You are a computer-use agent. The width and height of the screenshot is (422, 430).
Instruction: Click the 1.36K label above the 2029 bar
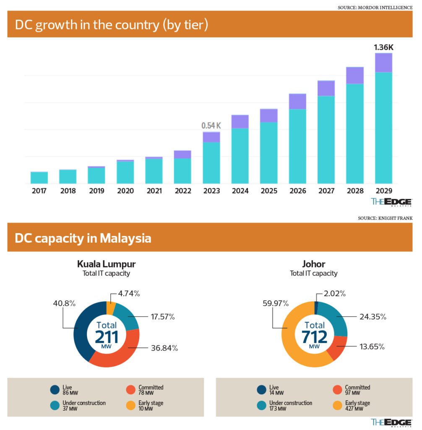pyautogui.click(x=383, y=47)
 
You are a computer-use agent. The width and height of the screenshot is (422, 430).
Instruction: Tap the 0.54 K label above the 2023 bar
pyautogui.click(x=211, y=126)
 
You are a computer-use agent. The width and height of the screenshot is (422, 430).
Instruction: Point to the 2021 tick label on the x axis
pyautogui.click(x=154, y=191)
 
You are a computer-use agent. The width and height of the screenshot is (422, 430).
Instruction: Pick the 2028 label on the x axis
pyautogui.click(x=355, y=191)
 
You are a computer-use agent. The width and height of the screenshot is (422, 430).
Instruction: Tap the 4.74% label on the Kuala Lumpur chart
pyautogui.click(x=128, y=294)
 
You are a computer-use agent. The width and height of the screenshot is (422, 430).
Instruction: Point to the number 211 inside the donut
pyautogui.click(x=107, y=338)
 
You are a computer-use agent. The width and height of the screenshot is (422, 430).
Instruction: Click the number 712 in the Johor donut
pyautogui.click(x=315, y=338)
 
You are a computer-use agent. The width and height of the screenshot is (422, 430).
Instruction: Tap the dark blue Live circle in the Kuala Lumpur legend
pyautogui.click(x=55, y=390)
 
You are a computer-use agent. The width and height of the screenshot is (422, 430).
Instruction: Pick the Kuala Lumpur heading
pyautogui.click(x=106, y=264)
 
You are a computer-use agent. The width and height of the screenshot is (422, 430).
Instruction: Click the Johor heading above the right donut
pyautogui.click(x=314, y=264)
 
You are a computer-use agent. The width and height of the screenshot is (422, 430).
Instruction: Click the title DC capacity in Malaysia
pyautogui.click(x=83, y=238)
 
